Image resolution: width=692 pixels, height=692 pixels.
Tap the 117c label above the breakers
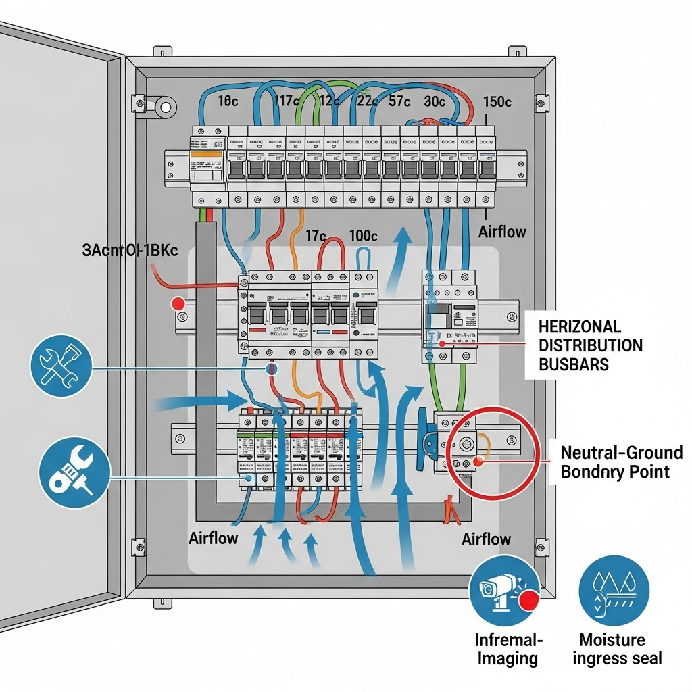pyautogui.click(x=286, y=101)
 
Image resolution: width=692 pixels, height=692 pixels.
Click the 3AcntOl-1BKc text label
pyautogui.click(x=130, y=250)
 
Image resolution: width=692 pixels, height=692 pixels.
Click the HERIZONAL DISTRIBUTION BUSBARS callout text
pyautogui.click(x=590, y=345)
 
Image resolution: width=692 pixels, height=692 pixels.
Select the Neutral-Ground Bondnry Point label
pyautogui.click(x=621, y=462)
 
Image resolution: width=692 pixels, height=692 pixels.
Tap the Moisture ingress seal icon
pyautogui.click(x=614, y=590)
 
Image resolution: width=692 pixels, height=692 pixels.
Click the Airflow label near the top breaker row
pyautogui.click(x=501, y=232)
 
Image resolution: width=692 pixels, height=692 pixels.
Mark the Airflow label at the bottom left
pyautogui.click(x=214, y=539)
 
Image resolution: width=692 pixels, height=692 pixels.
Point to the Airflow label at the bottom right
pyautogui.click(x=486, y=539)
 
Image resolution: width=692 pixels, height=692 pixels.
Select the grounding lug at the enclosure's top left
pyautogui.click(x=164, y=106)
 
